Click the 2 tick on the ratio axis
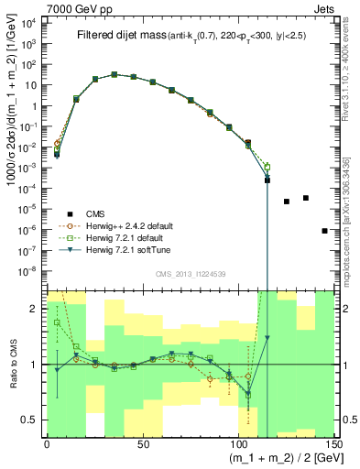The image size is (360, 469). point(35,309)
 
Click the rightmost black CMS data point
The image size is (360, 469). point(325,231)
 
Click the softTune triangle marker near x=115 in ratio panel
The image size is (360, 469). point(267,338)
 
